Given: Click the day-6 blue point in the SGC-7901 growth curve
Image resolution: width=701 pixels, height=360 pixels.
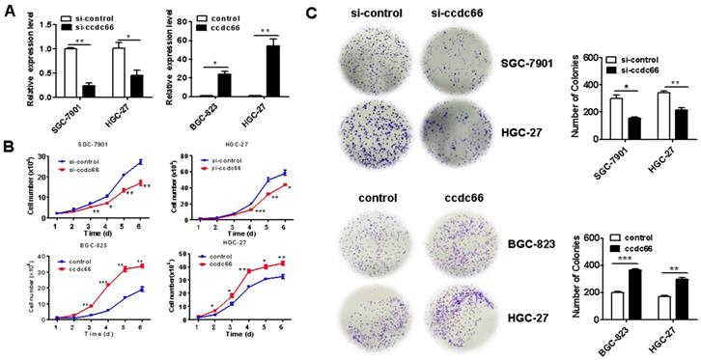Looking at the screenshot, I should pos(140,161).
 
